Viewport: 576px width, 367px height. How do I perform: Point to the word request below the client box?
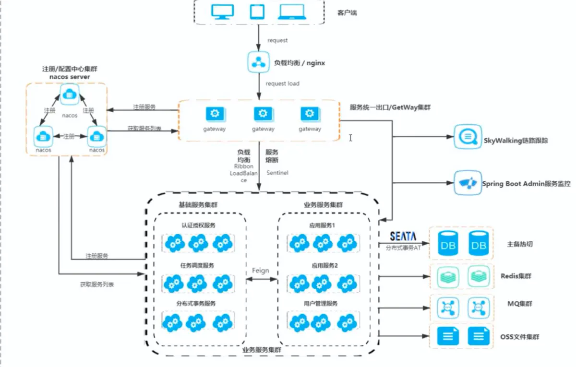coord(277,41)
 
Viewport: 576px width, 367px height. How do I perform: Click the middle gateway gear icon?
coord(263,114)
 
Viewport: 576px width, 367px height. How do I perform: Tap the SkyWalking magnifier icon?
coord(467,137)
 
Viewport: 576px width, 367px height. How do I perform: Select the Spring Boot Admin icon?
coord(467,183)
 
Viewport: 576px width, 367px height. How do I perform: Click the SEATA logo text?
coord(403,236)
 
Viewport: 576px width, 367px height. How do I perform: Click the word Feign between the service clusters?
coord(261,271)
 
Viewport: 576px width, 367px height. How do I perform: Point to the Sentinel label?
coord(276,172)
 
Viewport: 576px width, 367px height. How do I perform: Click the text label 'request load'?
coord(282,83)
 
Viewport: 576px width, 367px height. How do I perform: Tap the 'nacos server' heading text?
coord(70,77)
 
